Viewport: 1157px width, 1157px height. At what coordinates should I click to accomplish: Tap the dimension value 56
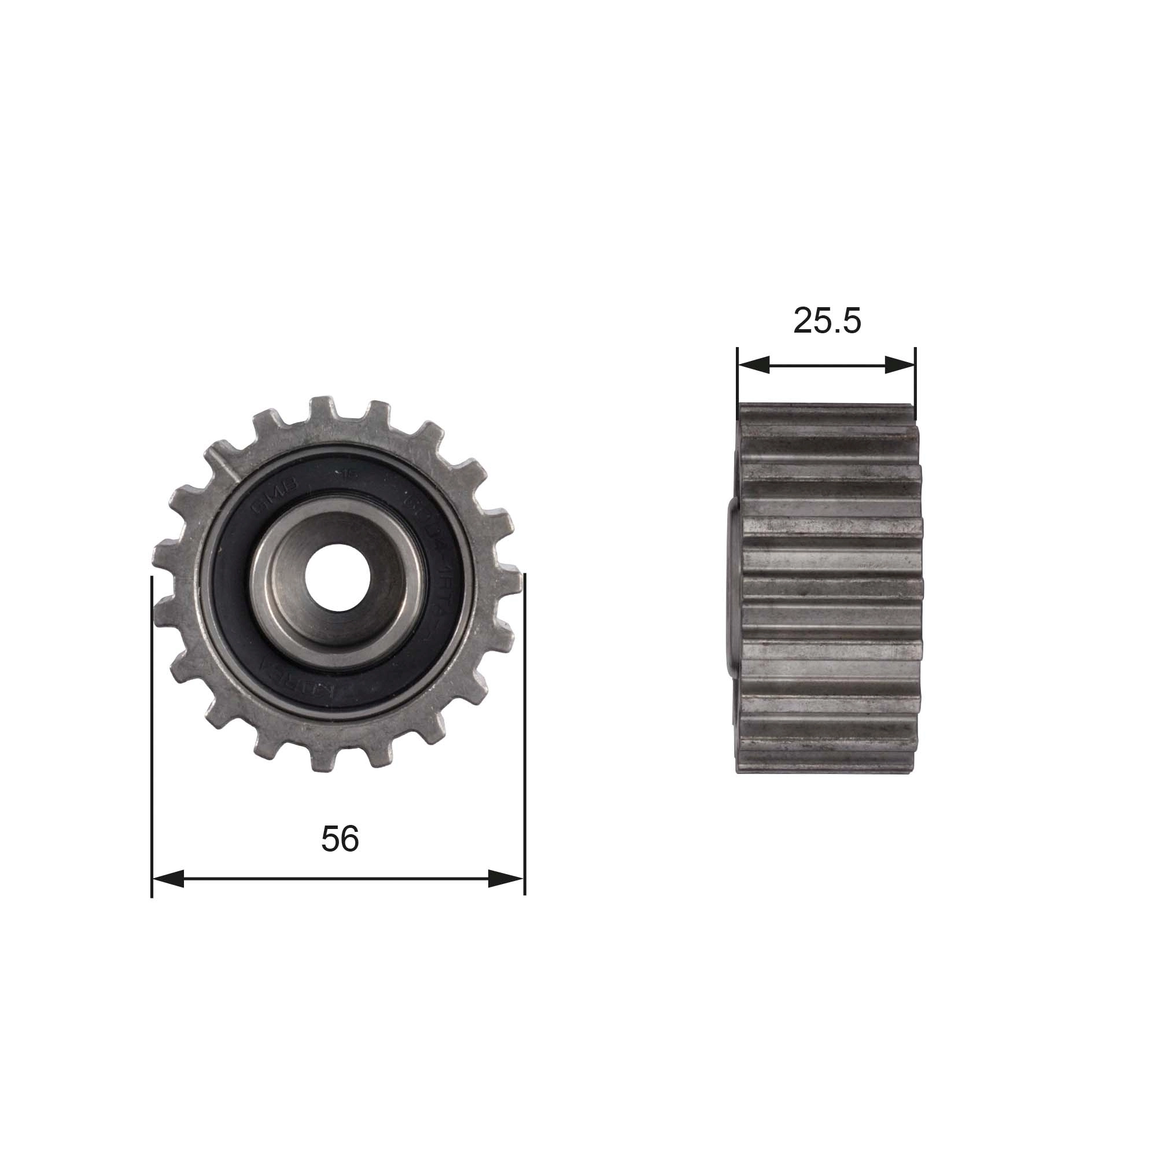(x=340, y=838)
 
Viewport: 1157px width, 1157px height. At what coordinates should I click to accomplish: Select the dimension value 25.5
(x=827, y=321)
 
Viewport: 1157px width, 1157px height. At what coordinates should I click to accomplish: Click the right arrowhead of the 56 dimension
(x=507, y=879)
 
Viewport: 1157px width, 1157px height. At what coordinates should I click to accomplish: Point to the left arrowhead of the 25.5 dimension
(x=753, y=364)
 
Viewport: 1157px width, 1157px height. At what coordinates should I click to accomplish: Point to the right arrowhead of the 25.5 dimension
(x=900, y=364)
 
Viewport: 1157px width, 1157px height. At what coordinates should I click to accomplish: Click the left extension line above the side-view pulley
(x=737, y=377)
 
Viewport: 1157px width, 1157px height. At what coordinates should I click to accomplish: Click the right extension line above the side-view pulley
(x=916, y=377)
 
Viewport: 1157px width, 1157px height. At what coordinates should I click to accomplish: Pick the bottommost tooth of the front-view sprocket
(x=323, y=760)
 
